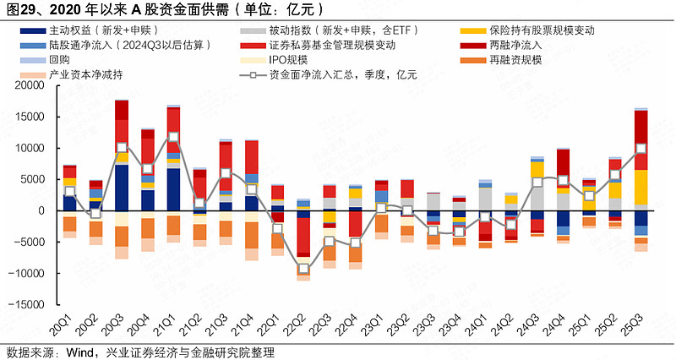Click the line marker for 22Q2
[x=303, y=270]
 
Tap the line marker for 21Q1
[x=174, y=137]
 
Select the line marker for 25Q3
[x=641, y=148]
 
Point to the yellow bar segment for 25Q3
[x=641, y=187]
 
